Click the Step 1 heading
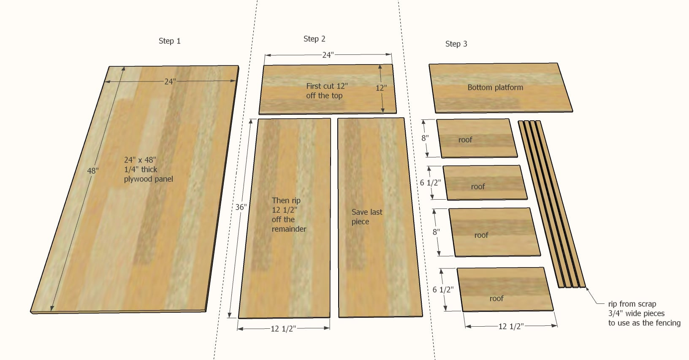pos(169,41)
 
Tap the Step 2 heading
pos(314,39)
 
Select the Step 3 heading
pos(456,44)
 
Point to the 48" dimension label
pos(93,171)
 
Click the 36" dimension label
pos(241,207)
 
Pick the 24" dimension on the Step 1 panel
pos(170,81)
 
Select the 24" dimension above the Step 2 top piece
pos(328,55)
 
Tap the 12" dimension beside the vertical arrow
pos(381,88)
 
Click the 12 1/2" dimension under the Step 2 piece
pos(283,328)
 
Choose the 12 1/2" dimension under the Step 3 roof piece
pos(511,326)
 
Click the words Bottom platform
pos(495,87)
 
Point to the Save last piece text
pos(366,217)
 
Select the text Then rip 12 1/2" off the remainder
pos(289,214)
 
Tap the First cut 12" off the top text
pos(326,91)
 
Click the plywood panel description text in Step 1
pos(148,169)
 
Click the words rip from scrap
pos(632,304)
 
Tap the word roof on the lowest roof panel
pos(496,298)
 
